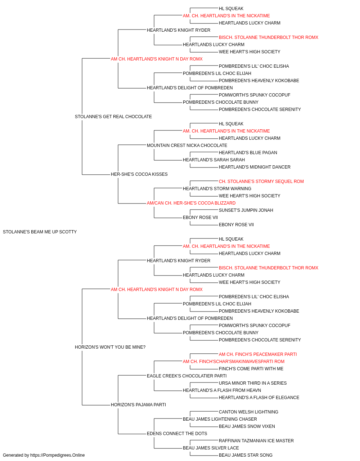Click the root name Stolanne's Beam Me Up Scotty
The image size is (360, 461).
tap(40, 232)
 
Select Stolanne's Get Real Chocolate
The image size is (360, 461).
tap(113, 117)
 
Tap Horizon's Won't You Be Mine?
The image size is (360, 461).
tap(110, 347)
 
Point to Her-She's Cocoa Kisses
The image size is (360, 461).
tap(139, 174)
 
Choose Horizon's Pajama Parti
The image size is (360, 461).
tap(138, 405)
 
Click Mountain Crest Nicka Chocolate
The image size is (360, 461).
tap(187, 146)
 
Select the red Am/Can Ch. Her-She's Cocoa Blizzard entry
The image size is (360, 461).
tap(191, 203)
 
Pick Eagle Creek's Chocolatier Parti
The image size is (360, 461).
tap(186, 376)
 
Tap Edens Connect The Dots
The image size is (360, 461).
tap(177, 434)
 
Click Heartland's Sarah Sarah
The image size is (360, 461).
tap(214, 160)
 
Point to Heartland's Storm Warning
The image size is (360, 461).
tap(217, 189)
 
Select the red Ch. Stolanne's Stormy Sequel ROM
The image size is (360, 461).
tap(261, 182)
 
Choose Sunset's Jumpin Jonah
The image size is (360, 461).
tap(246, 210)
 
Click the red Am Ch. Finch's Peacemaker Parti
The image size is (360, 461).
tap(258, 354)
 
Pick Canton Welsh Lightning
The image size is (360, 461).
tap(248, 412)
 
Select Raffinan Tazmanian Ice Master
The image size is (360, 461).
tap(256, 441)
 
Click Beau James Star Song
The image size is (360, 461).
tap(246, 455)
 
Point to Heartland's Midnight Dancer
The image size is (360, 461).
tap(255, 167)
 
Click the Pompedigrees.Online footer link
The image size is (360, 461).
tap(57, 455)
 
